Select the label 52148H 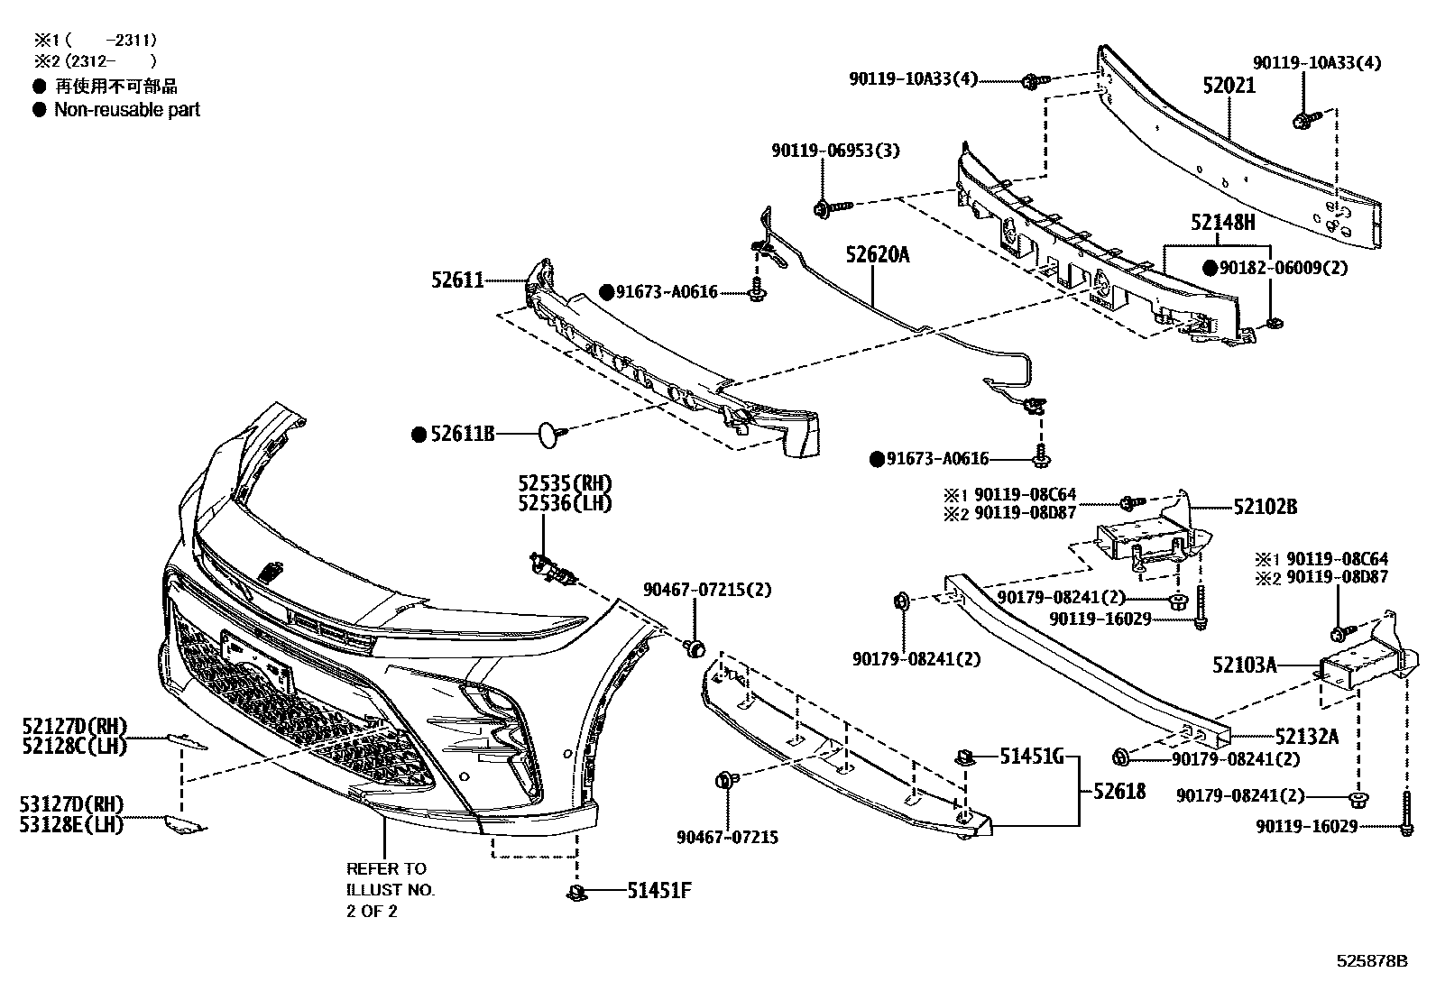click(1222, 222)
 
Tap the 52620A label click(877, 255)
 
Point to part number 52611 click(459, 281)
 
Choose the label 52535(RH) click(565, 483)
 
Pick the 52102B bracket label click(1266, 507)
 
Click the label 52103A click(1245, 665)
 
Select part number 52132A click(1306, 737)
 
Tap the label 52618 click(1119, 791)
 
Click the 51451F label click(659, 891)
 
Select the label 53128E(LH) click(71, 823)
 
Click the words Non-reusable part click(127, 110)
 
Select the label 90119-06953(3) click(835, 151)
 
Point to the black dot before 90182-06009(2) click(1210, 268)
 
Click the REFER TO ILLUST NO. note click(391, 889)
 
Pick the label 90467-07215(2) click(707, 590)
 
